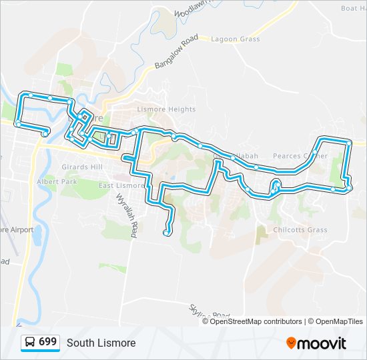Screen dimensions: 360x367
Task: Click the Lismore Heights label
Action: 166,109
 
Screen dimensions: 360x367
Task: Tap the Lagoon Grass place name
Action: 235,39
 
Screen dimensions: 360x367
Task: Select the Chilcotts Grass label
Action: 300,230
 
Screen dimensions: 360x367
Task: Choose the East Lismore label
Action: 121,185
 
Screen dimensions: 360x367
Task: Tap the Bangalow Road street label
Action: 177,53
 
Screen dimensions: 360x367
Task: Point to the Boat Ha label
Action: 353,8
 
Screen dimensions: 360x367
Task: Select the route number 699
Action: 47,342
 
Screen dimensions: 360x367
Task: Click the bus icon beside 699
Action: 30,343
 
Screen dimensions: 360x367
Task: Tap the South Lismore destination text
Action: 101,343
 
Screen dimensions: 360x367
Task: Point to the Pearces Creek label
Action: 300,156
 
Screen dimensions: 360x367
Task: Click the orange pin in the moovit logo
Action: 291,343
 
